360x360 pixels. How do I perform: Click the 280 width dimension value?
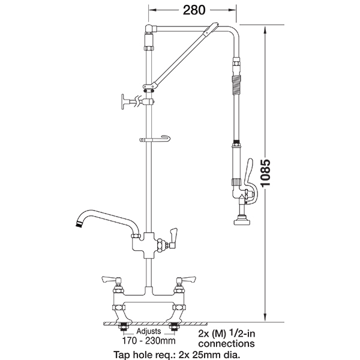click(x=194, y=10)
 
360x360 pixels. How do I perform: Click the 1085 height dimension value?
click(x=266, y=173)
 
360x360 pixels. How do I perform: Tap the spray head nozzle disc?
click(x=242, y=222)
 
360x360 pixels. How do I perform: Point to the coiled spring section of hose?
click(x=236, y=85)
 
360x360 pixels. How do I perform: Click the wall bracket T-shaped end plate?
click(x=123, y=103)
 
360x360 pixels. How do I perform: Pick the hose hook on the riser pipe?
click(x=155, y=139)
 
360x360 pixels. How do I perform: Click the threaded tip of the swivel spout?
click(x=79, y=224)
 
